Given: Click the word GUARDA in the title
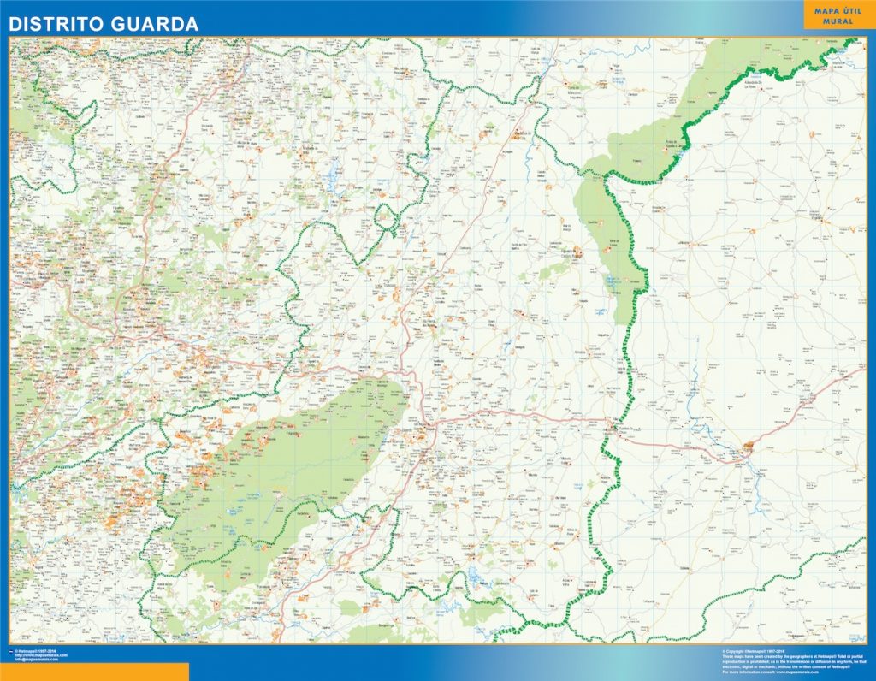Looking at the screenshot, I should pos(157,25).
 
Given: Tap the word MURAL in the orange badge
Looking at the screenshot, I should pos(838,21).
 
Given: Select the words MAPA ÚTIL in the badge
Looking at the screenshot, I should pos(838,9).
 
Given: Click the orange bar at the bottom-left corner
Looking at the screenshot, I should pos(94,672).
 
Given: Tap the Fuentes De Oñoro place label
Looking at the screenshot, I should pos(621,429).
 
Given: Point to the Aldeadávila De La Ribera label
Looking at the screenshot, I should pos(753,83).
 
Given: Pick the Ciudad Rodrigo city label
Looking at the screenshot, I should pos(750,445).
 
